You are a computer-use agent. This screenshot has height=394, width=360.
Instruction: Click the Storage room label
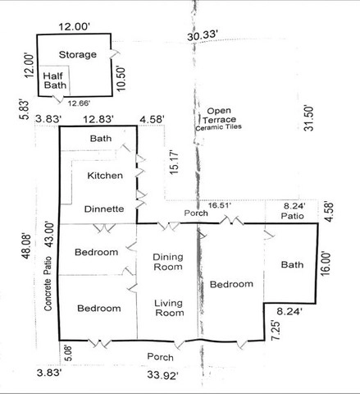[78, 55]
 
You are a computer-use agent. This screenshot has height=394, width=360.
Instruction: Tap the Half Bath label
[55, 80]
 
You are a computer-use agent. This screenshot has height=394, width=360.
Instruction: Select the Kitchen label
[105, 176]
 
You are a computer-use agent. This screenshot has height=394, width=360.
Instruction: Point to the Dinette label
[104, 209]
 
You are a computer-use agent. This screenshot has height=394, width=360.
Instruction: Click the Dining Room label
[168, 262]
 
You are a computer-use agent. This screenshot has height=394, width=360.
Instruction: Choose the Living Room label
[169, 308]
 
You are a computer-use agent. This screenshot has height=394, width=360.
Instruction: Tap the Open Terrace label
[219, 115]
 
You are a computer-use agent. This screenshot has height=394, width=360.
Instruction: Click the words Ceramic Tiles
[219, 127]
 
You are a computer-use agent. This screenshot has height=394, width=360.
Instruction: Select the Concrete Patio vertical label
[48, 283]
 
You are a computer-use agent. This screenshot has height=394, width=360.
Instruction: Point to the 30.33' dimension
[203, 36]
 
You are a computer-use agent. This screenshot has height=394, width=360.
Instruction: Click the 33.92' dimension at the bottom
[163, 374]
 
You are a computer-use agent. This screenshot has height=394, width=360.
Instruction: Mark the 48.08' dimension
[26, 245]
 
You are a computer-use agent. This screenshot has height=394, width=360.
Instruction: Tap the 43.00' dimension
[49, 235]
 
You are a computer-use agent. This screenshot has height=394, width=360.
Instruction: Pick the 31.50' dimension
[308, 118]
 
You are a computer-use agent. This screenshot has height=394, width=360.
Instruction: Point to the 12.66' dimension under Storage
[79, 103]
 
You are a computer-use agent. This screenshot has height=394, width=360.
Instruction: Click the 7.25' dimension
[276, 330]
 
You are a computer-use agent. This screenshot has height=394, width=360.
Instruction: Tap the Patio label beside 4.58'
[293, 216]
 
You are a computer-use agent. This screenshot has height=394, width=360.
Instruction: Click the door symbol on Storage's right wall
[115, 53]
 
